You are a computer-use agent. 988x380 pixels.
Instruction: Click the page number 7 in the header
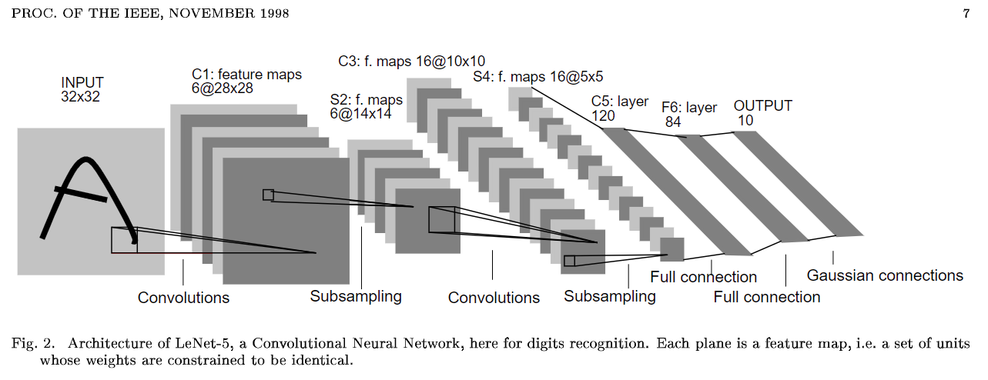click(966, 14)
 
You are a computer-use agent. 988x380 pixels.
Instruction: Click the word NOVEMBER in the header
click(212, 13)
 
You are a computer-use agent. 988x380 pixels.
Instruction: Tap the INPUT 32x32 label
click(82, 89)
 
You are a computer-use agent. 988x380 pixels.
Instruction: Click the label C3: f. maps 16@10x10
click(411, 61)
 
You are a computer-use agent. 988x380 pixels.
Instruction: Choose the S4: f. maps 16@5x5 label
click(538, 77)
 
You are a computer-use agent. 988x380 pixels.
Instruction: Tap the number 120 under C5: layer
click(603, 116)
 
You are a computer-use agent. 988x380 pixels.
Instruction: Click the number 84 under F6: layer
click(673, 122)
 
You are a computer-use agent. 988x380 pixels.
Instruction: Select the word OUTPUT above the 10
click(762, 106)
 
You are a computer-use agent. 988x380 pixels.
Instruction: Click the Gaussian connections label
click(885, 275)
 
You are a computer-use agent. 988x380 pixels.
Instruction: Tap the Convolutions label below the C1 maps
click(183, 298)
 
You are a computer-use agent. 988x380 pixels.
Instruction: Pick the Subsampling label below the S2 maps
click(356, 297)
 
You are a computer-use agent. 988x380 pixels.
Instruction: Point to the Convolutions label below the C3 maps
click(494, 298)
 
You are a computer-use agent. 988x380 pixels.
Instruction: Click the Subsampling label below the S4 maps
click(610, 297)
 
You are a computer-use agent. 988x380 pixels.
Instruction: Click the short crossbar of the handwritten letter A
click(81, 194)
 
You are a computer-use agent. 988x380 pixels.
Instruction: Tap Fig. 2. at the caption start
click(33, 343)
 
